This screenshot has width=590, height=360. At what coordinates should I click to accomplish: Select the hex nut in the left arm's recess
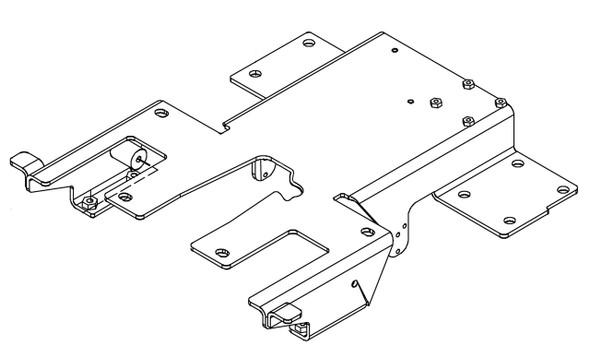click(91, 202)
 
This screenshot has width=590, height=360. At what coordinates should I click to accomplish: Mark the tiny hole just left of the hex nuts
click(410, 99)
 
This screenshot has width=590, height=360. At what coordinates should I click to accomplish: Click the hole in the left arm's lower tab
click(123, 198)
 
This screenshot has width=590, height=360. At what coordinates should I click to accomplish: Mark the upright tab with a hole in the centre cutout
click(263, 169)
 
